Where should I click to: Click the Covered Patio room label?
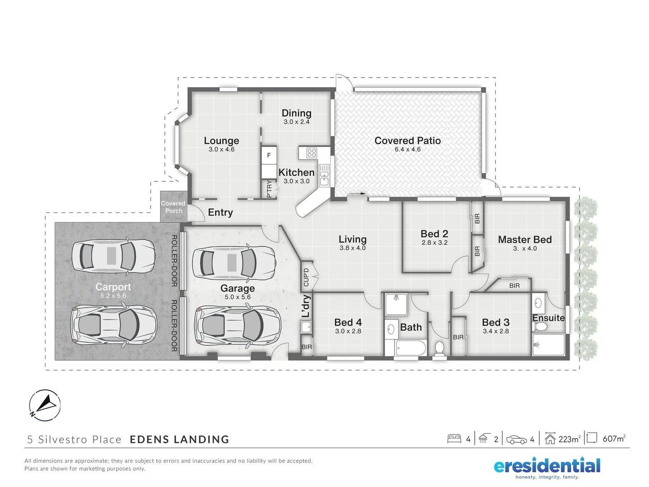(407, 141)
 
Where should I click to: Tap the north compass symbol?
(45, 405)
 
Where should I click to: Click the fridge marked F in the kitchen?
(269, 155)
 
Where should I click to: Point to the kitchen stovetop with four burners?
(311, 153)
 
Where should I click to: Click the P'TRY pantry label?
(270, 188)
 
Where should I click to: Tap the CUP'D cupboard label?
(306, 277)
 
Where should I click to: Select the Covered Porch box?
(174, 207)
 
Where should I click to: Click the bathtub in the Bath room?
(410, 349)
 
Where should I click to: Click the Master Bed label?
(525, 239)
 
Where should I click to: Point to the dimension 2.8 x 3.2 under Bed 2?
(434, 243)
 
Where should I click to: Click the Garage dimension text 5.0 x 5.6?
(238, 297)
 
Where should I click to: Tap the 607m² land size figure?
(614, 439)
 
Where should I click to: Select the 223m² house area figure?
(569, 439)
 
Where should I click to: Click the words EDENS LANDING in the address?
(179, 440)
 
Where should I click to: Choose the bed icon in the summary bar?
(454, 439)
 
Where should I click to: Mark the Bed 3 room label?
(495, 322)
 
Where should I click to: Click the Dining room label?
(296, 113)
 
